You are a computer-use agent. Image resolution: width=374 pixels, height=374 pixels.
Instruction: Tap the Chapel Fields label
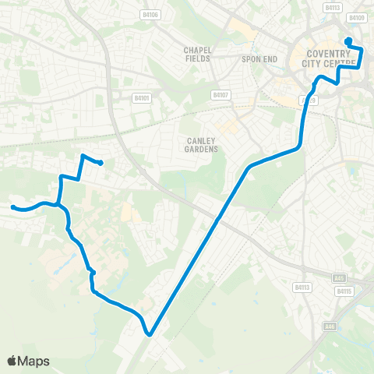pyautogui.click(x=198, y=54)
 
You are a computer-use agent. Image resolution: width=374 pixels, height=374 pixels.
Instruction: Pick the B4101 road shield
pyautogui.click(x=140, y=99)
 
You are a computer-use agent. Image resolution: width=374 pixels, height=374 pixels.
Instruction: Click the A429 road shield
pyautogui.click(x=309, y=101)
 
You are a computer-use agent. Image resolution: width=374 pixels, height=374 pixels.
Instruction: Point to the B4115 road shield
pyautogui.click(x=344, y=291)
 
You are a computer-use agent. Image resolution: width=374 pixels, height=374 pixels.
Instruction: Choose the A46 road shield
pyautogui.click(x=329, y=326)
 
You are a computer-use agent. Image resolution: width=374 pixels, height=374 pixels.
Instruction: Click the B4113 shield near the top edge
pyautogui.click(x=333, y=8)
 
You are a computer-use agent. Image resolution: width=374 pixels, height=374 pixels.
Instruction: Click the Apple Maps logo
pyautogui.click(x=28, y=361)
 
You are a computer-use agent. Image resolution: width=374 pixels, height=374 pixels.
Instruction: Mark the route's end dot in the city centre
pyautogui.click(x=348, y=41)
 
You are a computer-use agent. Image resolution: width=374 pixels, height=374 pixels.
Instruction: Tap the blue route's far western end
pyautogui.click(x=12, y=206)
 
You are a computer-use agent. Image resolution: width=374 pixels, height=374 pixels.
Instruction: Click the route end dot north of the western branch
pyautogui.click(x=102, y=162)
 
